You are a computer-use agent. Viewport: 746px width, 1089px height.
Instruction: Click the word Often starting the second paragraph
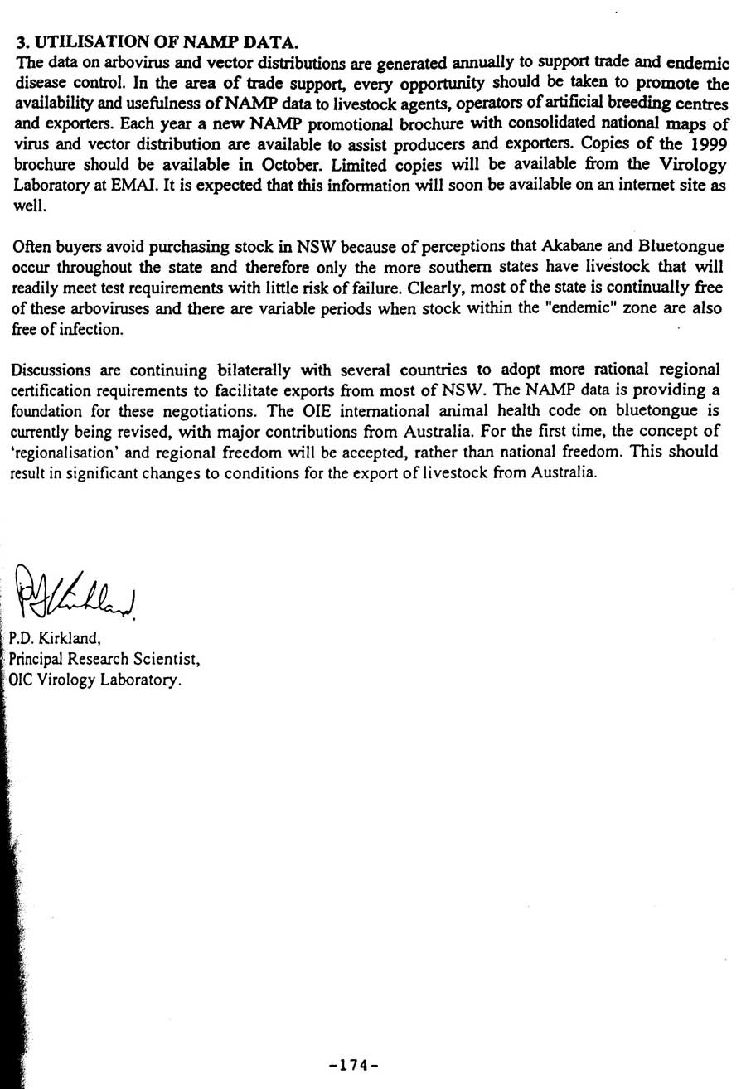point(34,246)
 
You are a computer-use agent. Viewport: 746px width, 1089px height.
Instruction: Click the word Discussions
point(51,369)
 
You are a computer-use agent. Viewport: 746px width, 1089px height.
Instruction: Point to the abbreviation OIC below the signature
point(21,680)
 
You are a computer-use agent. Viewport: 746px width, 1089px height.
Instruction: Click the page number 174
point(353,1065)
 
